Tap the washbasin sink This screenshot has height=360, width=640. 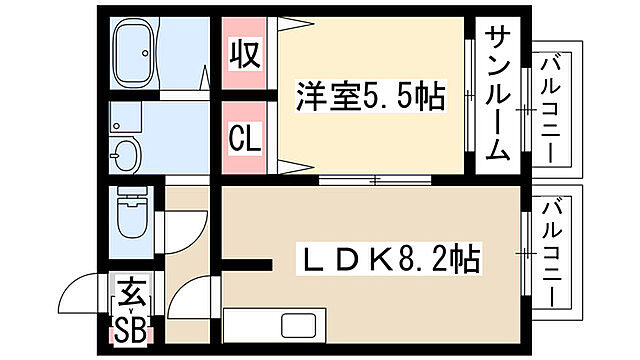[127, 156]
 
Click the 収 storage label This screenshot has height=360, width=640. [246, 53]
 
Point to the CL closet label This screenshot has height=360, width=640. [246, 135]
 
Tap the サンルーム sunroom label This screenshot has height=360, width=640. [500, 96]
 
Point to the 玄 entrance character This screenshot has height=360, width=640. [131, 294]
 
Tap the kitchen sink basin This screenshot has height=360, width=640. [298, 325]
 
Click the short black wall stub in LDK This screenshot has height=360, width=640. [246, 266]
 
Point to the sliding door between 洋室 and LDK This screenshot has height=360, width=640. [374, 181]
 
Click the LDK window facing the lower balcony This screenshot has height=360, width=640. [524, 256]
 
